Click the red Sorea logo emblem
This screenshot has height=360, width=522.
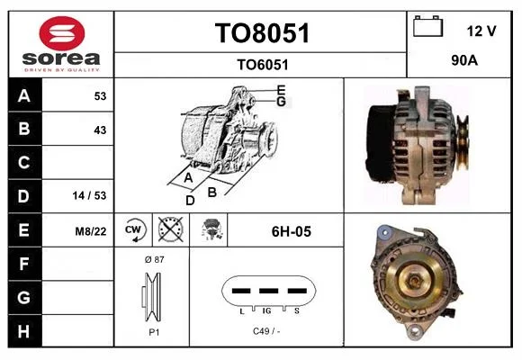(62, 33)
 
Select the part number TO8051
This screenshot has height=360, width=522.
(262, 33)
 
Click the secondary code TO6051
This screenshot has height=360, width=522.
(262, 65)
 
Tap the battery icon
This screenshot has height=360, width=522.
(427, 26)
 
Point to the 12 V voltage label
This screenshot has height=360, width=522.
(481, 31)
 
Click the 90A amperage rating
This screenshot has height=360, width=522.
(464, 60)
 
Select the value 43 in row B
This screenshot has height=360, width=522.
(100, 130)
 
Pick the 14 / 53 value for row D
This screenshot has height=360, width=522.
(89, 195)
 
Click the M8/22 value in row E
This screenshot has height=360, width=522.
(91, 231)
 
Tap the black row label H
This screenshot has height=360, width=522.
(23, 331)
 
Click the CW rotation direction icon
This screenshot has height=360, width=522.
(133, 229)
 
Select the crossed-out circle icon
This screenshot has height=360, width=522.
(170, 229)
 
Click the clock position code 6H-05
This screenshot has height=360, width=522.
(292, 231)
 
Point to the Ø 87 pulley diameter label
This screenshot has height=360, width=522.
(155, 259)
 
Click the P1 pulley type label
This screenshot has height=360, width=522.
(154, 332)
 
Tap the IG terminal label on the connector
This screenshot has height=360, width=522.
(266, 311)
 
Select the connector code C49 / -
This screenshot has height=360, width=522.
(266, 331)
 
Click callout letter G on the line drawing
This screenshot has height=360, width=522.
(282, 102)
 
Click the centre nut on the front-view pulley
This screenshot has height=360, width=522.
(415, 282)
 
